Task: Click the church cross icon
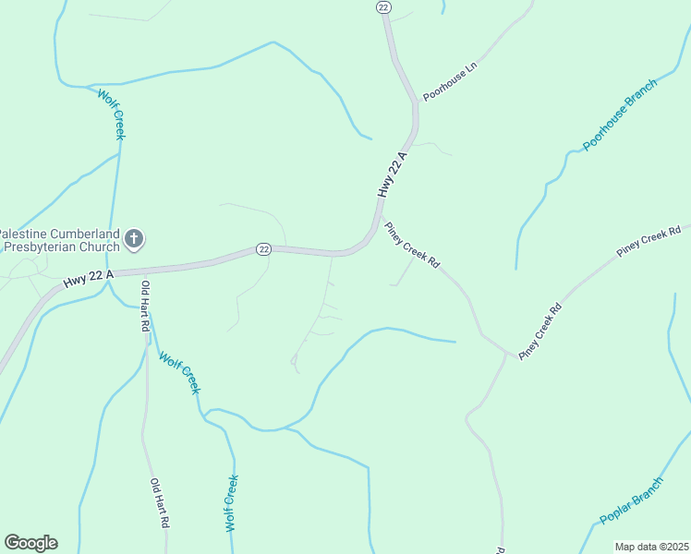pyautogui.click(x=134, y=240)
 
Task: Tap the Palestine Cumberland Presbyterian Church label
pyautogui.click(x=60, y=240)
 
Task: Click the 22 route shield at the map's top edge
pyautogui.click(x=384, y=6)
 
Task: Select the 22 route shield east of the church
pyautogui.click(x=263, y=249)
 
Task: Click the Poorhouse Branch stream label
pyautogui.click(x=620, y=115)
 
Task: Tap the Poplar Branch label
pyautogui.click(x=631, y=501)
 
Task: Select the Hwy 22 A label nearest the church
pyautogui.click(x=89, y=277)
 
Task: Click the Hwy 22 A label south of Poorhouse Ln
pyautogui.click(x=392, y=174)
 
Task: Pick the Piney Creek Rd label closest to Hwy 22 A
pyautogui.click(x=412, y=245)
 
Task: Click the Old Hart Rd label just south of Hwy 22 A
pyautogui.click(x=144, y=303)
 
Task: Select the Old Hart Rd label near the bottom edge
pyautogui.click(x=160, y=502)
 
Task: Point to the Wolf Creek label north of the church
pyautogui.click(x=111, y=113)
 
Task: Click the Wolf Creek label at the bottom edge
pyautogui.click(x=232, y=502)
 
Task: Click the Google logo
pyautogui.click(x=30, y=543)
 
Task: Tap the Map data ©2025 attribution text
pyautogui.click(x=652, y=547)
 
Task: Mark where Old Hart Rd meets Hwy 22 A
pyautogui.click(x=141, y=271)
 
